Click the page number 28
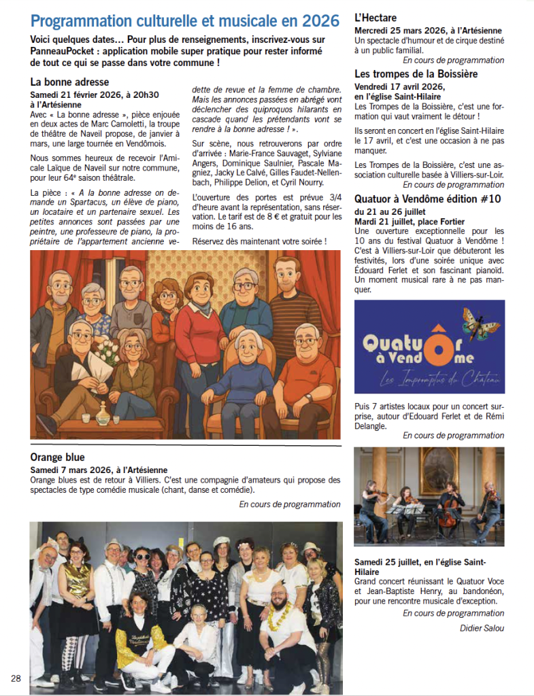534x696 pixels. (x=15, y=678)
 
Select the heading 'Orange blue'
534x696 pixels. (x=58, y=457)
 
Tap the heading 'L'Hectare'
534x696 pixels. (x=376, y=18)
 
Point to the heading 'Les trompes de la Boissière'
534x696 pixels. (x=416, y=73)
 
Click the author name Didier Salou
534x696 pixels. (x=482, y=628)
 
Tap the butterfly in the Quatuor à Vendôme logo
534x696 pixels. (x=480, y=323)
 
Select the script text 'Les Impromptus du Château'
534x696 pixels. (x=442, y=380)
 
